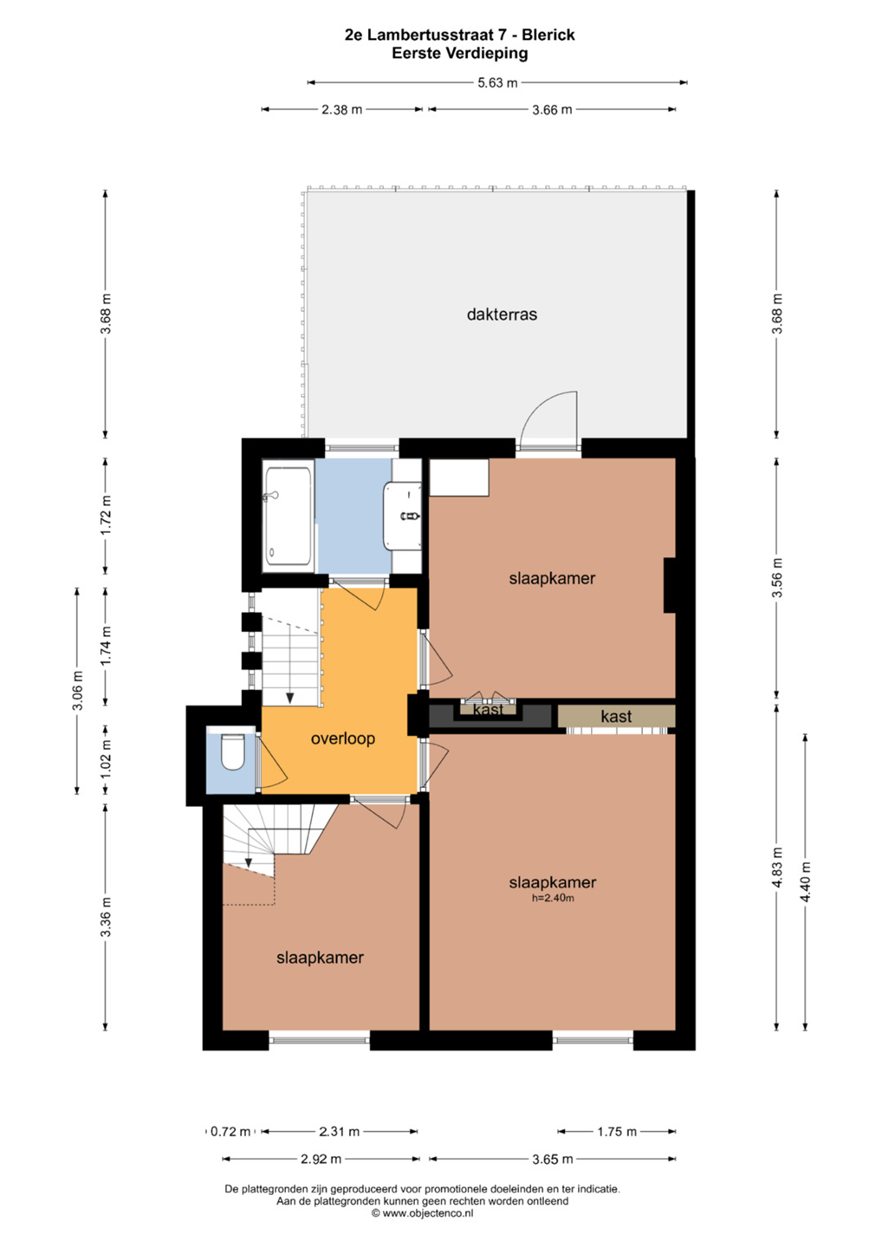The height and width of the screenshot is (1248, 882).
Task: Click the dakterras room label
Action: pos(502,315)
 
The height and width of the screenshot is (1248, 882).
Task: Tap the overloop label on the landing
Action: pos(343,738)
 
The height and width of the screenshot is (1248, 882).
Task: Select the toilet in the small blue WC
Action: pos(233,751)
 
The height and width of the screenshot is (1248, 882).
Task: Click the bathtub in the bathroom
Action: pos(288,516)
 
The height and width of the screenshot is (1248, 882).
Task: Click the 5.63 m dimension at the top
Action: pos(497,83)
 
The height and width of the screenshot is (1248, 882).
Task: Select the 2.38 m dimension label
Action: pos(342,110)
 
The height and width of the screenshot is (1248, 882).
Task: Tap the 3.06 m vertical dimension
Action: pos(78,690)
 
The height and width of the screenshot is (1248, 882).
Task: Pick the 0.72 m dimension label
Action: pos(230,1132)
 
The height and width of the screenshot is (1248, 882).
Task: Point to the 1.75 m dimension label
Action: pos(616,1132)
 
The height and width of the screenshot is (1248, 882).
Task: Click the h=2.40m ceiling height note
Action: pos(553,898)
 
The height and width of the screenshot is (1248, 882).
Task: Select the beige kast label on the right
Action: pos(616,717)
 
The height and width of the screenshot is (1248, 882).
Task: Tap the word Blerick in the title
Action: pos(548,35)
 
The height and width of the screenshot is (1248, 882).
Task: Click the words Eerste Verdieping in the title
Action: pos(460,54)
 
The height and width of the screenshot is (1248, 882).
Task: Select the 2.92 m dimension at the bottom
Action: pos(321,1160)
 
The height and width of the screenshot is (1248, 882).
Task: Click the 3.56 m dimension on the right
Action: pos(777,578)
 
